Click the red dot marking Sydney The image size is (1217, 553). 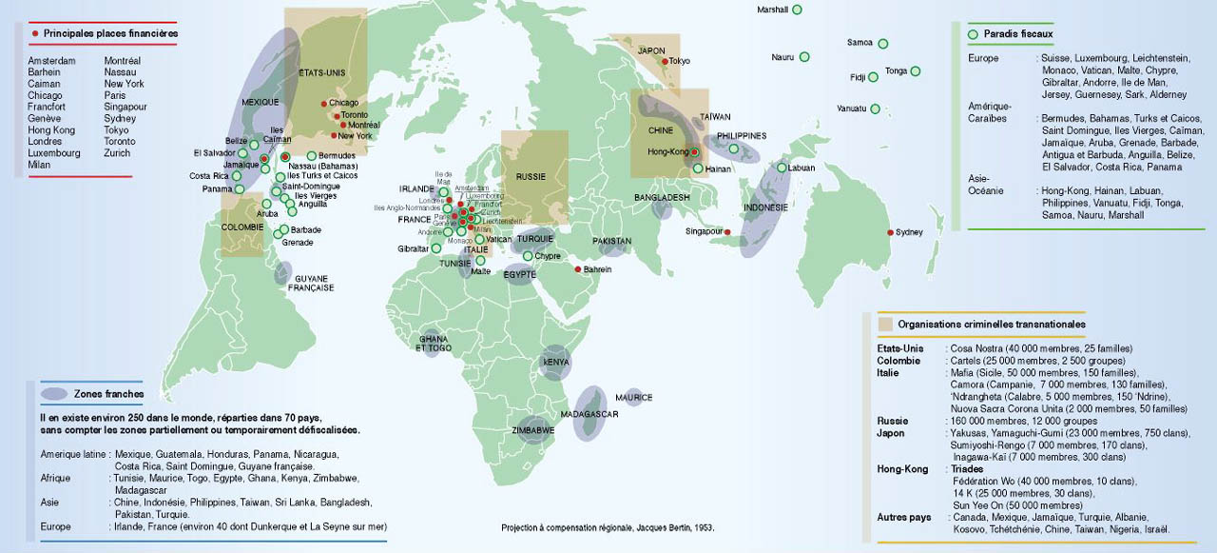[x=891, y=232]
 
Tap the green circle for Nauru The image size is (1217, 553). [x=804, y=57]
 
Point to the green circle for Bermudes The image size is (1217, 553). [x=312, y=155]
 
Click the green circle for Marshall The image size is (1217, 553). [x=797, y=10]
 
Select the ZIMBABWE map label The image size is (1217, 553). [x=534, y=430]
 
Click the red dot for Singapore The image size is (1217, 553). [x=726, y=232]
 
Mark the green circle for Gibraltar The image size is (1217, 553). [x=435, y=248]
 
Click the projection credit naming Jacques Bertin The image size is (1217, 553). [x=608, y=526]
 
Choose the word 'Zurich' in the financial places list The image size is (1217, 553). [x=117, y=152]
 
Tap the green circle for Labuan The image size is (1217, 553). [x=782, y=168]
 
